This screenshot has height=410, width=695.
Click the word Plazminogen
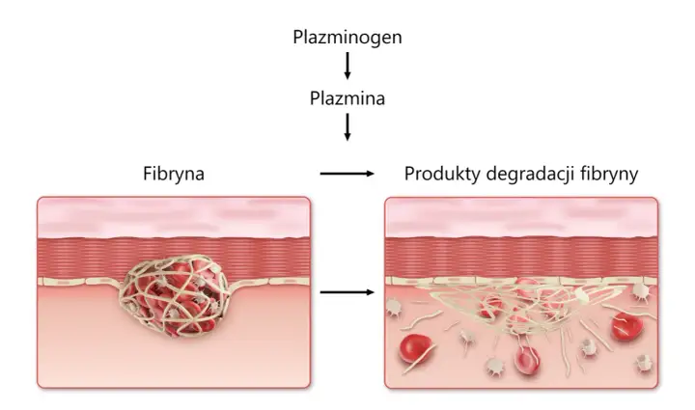[x=347, y=38]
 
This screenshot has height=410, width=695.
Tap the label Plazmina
[x=347, y=98]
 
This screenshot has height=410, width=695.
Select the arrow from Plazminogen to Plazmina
[x=347, y=66]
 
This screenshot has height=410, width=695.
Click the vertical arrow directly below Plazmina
[x=347, y=127]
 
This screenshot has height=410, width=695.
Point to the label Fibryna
[x=174, y=174]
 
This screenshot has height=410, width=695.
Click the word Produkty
[x=442, y=174]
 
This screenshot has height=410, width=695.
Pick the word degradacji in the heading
[x=531, y=174]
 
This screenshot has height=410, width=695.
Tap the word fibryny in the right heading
[x=609, y=174]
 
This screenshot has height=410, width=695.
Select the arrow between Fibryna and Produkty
[x=347, y=174]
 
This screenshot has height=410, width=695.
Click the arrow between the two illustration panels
[x=347, y=292]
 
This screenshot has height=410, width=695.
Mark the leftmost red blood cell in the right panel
[x=415, y=347]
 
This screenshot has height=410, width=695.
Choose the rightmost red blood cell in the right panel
[x=626, y=327]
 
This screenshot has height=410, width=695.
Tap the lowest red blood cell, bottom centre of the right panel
[x=527, y=361]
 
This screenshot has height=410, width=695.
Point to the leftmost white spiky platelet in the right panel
[x=394, y=307]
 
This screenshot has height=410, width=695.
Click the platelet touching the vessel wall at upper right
[x=641, y=291]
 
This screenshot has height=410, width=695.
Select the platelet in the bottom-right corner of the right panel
[x=644, y=363]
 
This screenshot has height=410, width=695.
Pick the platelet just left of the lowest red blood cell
[x=494, y=367]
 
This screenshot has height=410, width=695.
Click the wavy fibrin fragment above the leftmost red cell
[x=422, y=320]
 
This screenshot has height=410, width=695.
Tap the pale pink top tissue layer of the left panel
[x=174, y=218]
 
